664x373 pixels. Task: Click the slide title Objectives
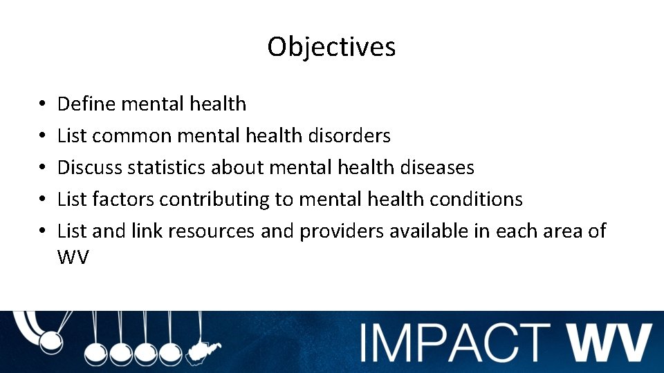pyautogui.click(x=331, y=47)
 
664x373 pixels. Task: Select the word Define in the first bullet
pyautogui.click(x=86, y=104)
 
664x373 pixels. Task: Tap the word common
pyautogui.click(x=131, y=136)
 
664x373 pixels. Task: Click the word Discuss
pyautogui.click(x=89, y=168)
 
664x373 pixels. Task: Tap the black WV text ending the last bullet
pyautogui.click(x=73, y=258)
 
